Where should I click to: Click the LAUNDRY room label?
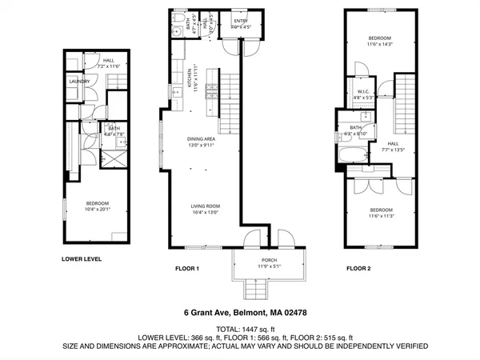point(78,81)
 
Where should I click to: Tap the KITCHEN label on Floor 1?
point(189,81)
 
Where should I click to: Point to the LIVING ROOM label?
point(206,206)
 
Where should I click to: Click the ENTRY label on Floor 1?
point(241,21)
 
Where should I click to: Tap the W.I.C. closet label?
point(362,92)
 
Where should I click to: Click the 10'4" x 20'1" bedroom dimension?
point(97,209)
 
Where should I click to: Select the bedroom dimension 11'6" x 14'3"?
point(379,44)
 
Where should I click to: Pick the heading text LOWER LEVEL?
point(82,259)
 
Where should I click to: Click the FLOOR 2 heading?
point(362,270)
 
